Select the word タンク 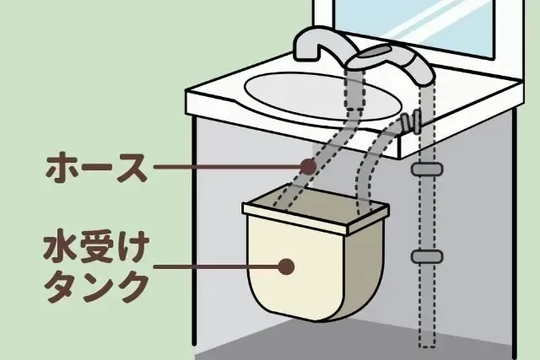pyautogui.click(x=94, y=287)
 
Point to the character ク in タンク pyautogui.click(x=131, y=287)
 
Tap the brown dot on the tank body pyautogui.click(x=287, y=266)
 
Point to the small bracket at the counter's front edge pyautogui.click(x=412, y=121)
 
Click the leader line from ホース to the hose pyautogui.click(x=228, y=167)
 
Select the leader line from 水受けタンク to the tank pyautogui.click(x=219, y=266)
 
